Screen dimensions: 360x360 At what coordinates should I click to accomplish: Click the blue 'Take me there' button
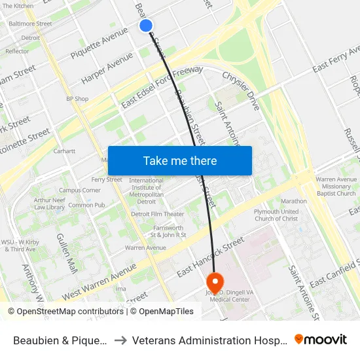(x=180, y=160)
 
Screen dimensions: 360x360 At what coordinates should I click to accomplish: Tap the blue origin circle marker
(x=146, y=26)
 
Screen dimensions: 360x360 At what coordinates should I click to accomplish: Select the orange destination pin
(x=215, y=282)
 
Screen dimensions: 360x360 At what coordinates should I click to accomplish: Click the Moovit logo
(x=321, y=340)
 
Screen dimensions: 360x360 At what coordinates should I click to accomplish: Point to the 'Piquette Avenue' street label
(x=99, y=42)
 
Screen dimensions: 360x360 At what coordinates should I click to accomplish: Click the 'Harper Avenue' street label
(x=107, y=69)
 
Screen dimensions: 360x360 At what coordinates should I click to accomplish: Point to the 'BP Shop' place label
(x=77, y=99)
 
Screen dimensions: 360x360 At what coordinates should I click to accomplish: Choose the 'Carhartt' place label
(x=65, y=151)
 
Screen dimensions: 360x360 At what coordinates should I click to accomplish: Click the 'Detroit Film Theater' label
(x=158, y=214)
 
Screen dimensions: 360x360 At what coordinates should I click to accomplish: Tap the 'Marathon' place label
(x=293, y=202)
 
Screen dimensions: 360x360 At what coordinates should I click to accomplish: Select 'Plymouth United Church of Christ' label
(x=276, y=215)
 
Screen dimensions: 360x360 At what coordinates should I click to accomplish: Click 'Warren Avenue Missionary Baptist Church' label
(x=336, y=187)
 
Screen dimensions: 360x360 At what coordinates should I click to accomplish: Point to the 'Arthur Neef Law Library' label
(x=49, y=204)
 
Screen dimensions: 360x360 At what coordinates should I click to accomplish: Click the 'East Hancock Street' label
(x=210, y=258)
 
